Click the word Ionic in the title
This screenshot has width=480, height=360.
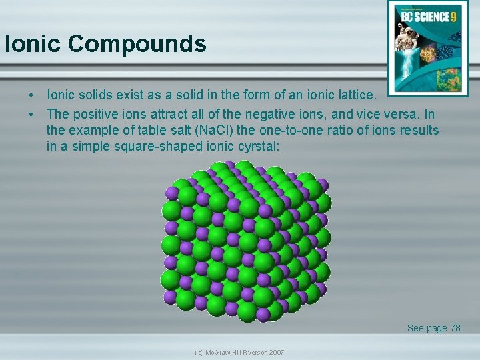pyautogui.click(x=33, y=44)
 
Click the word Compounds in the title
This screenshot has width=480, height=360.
pyautogui.click(x=137, y=44)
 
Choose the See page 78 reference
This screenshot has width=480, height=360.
pyautogui.click(x=433, y=328)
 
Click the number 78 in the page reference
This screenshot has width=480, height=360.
pyautogui.click(x=455, y=328)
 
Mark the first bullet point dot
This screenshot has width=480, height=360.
pyautogui.click(x=31, y=98)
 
